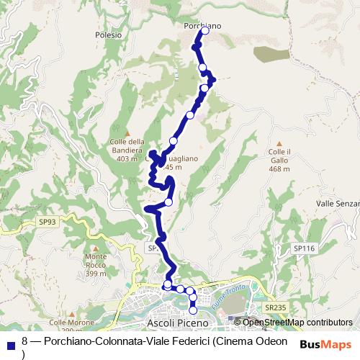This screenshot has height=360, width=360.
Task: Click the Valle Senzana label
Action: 338,204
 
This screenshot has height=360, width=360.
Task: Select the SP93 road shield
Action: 48,222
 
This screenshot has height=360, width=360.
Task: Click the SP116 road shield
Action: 305,248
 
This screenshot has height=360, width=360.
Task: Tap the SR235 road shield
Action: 275,307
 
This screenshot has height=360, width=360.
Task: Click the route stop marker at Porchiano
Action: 194,32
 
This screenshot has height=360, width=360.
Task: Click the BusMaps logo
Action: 325,344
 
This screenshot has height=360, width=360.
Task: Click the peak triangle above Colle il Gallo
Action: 279,143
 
